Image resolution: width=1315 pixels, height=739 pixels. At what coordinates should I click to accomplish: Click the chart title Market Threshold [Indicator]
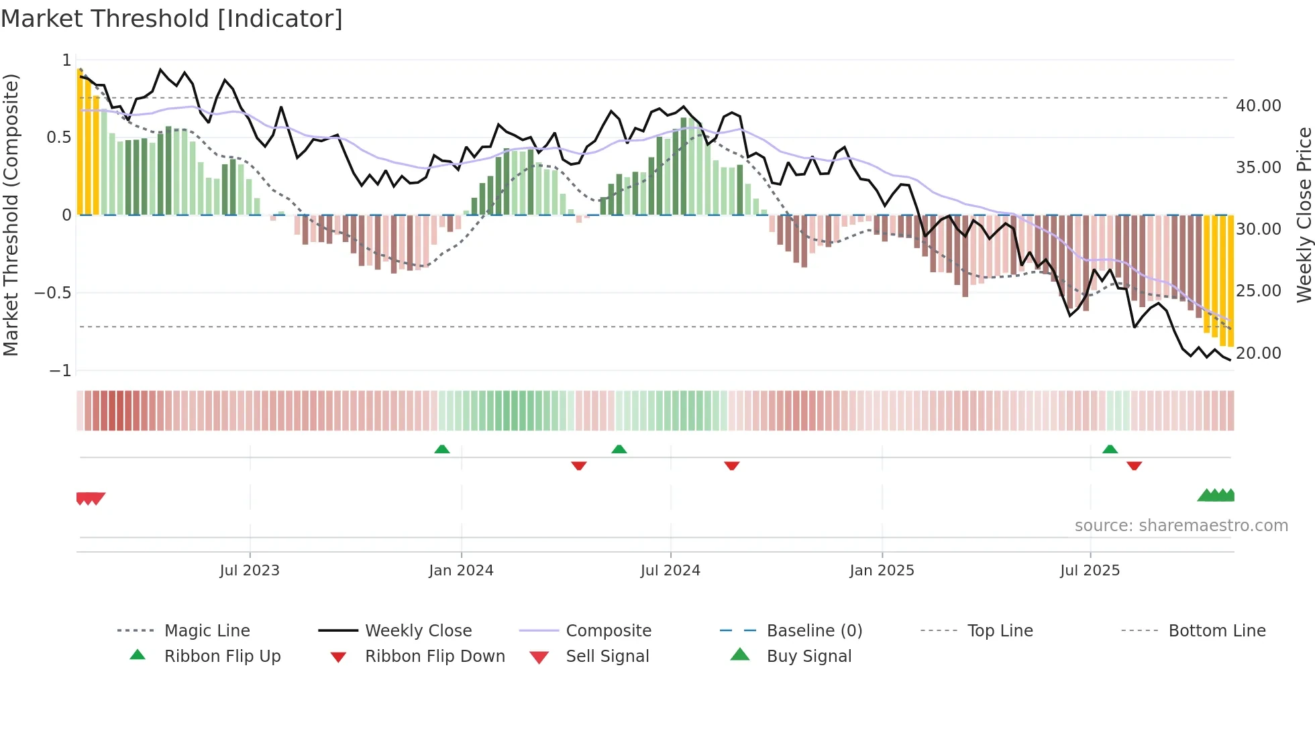[x=172, y=19]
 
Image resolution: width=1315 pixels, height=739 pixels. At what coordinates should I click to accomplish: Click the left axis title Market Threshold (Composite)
[x=11, y=215]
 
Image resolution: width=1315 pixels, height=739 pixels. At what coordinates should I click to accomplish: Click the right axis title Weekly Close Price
[x=1304, y=215]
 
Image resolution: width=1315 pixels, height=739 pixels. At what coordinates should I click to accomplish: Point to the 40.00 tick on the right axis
[x=1258, y=106]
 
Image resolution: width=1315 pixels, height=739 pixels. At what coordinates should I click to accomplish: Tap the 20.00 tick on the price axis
[x=1258, y=353]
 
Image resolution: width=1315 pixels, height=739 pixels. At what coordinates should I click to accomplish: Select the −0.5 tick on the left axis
[x=53, y=293]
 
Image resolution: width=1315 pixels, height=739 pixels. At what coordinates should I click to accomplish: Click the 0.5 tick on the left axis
[x=58, y=137]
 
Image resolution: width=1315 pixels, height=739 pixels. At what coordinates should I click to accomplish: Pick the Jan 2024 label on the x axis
[x=461, y=571]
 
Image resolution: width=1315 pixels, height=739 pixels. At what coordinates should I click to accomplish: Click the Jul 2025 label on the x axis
[x=1090, y=571]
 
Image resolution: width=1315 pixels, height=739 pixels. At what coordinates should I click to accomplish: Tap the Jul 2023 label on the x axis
[x=250, y=571]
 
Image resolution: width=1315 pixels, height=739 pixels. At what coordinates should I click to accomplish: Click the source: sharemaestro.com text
[x=1181, y=526]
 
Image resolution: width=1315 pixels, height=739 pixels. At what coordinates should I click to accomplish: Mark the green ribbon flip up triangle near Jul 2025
[x=1110, y=449]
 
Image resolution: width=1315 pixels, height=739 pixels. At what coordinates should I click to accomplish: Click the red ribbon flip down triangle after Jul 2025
[x=1134, y=466]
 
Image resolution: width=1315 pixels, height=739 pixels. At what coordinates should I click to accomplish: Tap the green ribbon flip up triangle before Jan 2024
[x=441, y=449]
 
